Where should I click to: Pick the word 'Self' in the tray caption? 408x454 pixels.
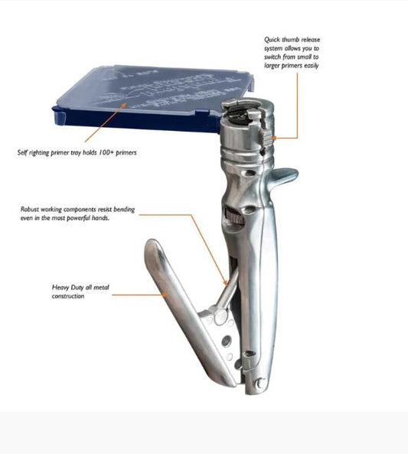(x=24, y=152)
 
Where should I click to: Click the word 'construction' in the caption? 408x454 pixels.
(x=68, y=296)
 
